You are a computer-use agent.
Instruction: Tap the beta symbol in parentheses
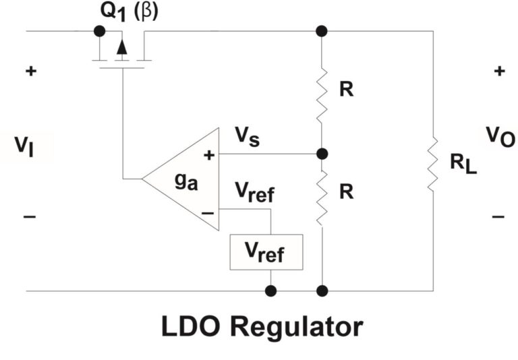[x=147, y=12]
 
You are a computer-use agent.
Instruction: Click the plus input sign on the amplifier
[x=208, y=155]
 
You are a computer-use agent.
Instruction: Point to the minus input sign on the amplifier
[x=208, y=211]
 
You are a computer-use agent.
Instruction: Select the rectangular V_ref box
[x=266, y=252]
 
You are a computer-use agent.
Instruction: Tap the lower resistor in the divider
[x=322, y=191]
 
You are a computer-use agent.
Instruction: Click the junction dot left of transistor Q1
[x=100, y=31]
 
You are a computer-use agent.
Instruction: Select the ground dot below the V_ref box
[x=270, y=291]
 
